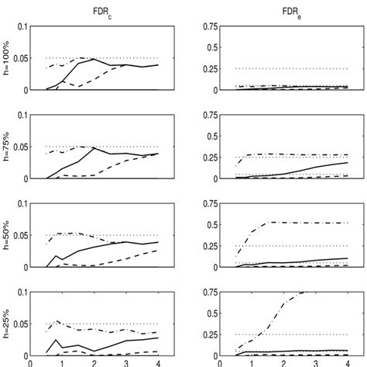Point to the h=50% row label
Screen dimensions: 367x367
(6, 236)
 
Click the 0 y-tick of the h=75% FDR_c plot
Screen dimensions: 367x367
(25, 179)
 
